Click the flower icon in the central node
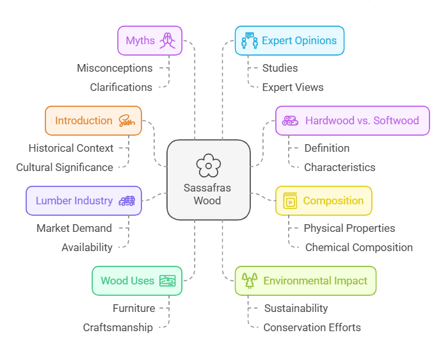click(208, 166)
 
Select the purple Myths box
click(150, 40)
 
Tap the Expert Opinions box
click(289, 40)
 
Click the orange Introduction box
click(93, 120)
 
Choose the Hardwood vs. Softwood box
click(352, 120)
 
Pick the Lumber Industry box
click(83, 200)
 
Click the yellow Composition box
click(323, 200)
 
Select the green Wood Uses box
click(137, 281)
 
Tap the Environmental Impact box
click(305, 281)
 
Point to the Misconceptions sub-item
click(115, 68)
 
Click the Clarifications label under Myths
click(121, 87)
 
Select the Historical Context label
click(71, 148)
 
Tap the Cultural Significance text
click(65, 167)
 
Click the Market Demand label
click(74, 228)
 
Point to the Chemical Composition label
click(358, 247)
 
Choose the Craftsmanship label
click(118, 327)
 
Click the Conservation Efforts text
click(312, 327)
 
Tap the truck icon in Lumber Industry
click(127, 200)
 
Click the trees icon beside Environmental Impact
click(250, 281)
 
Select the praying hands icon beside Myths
click(168, 40)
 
